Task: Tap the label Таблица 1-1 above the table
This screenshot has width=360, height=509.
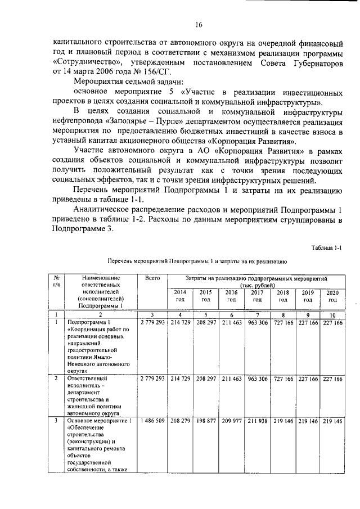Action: point(326,248)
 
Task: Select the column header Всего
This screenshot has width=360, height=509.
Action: point(152,278)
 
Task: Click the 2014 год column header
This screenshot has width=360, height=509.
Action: point(179,296)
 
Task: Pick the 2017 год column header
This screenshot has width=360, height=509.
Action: point(256,296)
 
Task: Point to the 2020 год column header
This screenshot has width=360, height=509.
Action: point(332,296)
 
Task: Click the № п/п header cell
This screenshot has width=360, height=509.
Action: point(56,282)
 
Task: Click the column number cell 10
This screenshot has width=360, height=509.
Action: point(332,315)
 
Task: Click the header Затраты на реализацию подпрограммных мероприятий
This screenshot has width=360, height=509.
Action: point(256,278)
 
